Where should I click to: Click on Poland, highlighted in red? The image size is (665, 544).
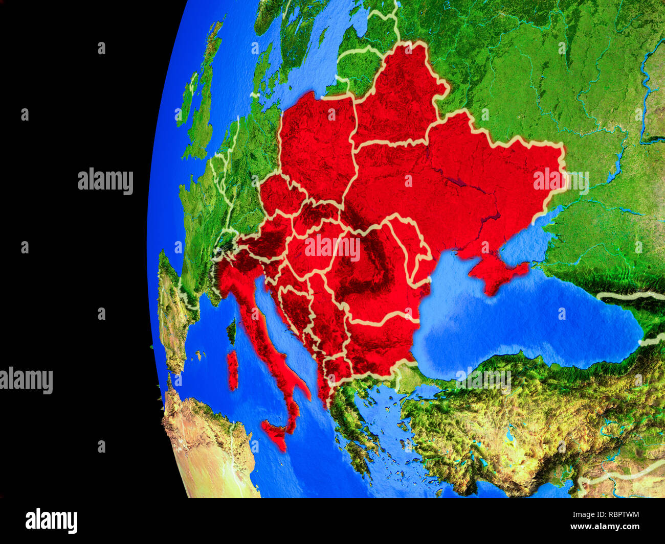[317, 143]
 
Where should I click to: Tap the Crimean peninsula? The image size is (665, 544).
[491, 271]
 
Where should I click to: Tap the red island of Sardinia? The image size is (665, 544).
[233, 370]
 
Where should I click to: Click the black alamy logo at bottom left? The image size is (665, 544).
[51, 521]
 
